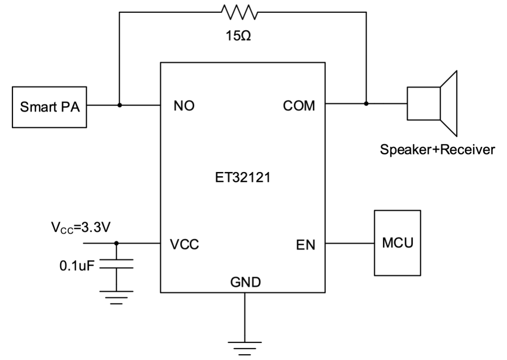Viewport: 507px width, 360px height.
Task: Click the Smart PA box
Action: point(50,107)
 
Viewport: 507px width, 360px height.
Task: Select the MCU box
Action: point(397,243)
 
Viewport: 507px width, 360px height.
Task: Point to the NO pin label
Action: point(183,106)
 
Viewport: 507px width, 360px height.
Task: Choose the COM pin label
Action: point(299,105)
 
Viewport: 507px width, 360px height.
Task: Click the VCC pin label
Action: point(185,245)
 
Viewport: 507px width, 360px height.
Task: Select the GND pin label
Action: point(244,283)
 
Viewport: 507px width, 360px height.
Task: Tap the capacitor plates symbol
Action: point(117,263)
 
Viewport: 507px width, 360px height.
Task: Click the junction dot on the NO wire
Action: point(120,105)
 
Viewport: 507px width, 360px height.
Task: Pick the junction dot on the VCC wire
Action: point(117,243)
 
